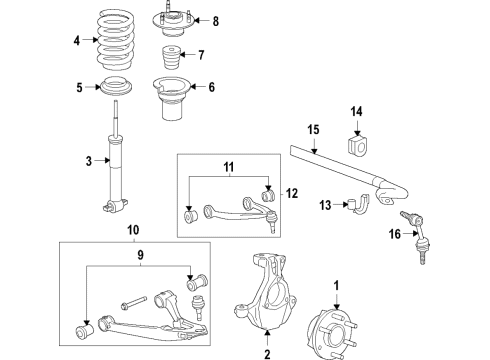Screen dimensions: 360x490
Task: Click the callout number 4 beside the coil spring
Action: (76, 42)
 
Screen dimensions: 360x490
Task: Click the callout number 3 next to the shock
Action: (89, 161)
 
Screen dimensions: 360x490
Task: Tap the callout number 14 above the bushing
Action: (357, 111)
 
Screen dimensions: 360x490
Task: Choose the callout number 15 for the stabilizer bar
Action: (312, 129)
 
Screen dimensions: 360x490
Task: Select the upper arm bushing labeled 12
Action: (268, 193)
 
